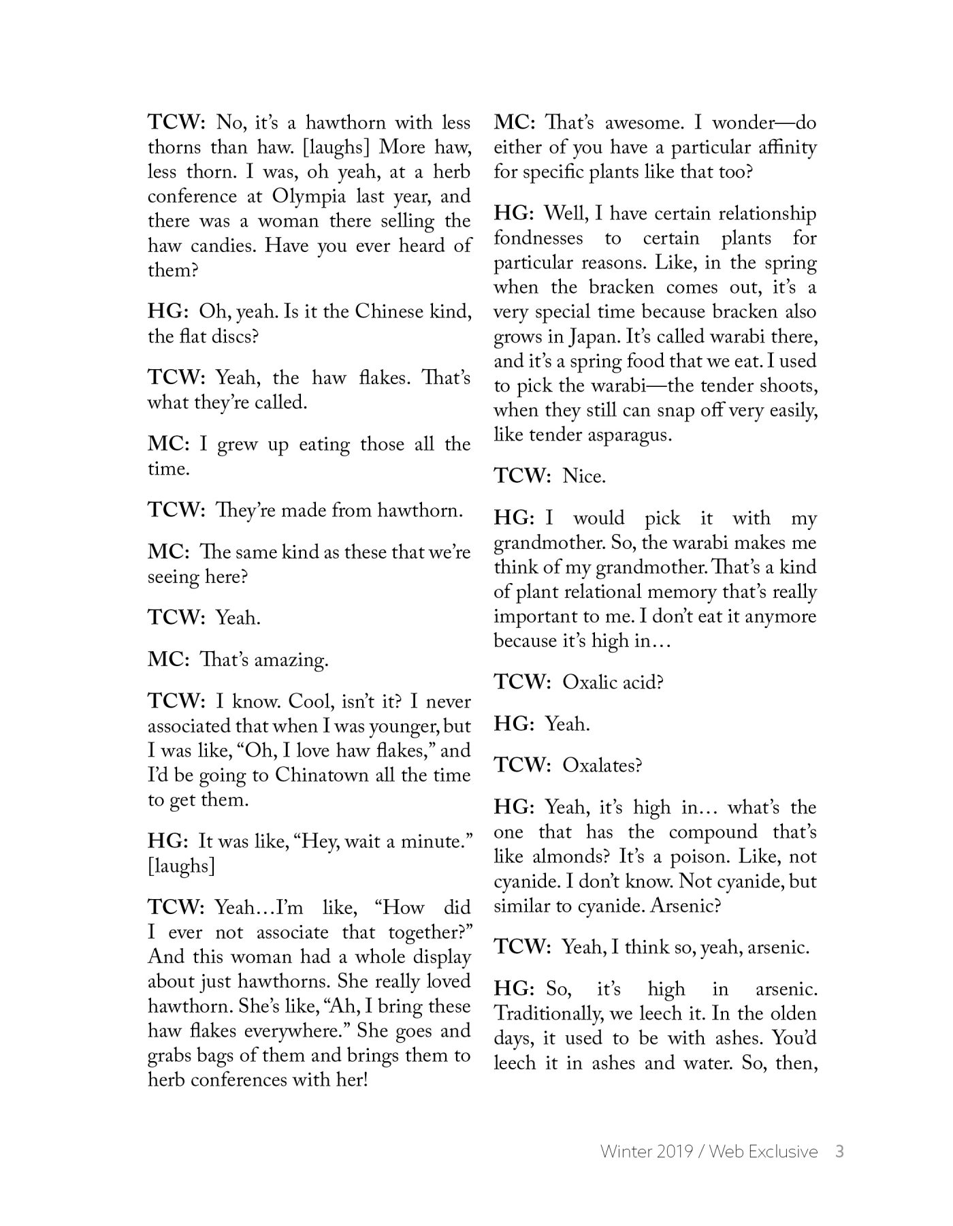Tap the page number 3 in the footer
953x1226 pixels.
839,1152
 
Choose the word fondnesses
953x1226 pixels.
538,238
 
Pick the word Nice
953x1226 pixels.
583,477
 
